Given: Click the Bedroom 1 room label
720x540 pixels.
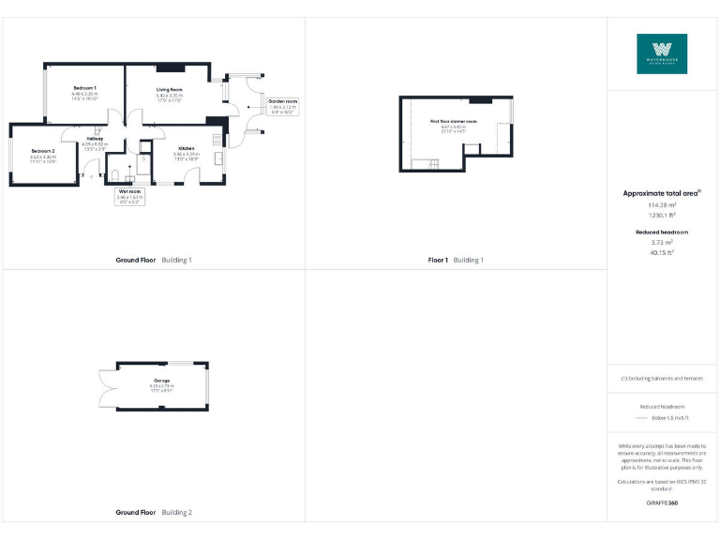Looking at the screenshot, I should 85,87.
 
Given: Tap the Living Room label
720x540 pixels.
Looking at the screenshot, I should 170,90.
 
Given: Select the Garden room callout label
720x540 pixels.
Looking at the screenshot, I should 282,101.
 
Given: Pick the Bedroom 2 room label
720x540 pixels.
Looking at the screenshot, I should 42,151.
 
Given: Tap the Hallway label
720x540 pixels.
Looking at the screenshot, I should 96,139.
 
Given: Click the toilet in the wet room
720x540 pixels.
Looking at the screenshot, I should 113,174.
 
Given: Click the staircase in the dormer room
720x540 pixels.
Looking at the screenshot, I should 434,166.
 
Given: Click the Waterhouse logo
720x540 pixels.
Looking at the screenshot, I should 662,53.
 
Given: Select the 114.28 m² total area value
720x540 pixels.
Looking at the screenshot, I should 662,204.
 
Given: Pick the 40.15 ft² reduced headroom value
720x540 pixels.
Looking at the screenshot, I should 662,251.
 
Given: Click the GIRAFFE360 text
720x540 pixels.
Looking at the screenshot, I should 662,503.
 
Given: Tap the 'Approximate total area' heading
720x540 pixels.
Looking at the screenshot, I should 662,193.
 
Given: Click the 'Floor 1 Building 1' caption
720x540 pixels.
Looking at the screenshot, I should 456,259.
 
